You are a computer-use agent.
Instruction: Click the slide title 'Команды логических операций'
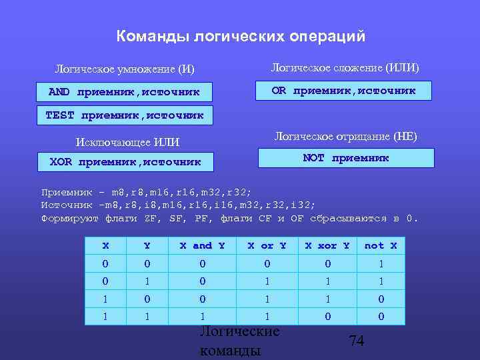click(x=241, y=36)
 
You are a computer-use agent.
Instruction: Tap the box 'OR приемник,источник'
click(x=344, y=91)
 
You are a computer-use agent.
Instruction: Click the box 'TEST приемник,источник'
click(x=124, y=115)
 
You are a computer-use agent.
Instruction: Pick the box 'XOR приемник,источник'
click(x=125, y=161)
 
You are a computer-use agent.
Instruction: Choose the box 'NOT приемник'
click(x=345, y=158)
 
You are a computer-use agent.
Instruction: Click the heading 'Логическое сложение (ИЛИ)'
click(x=345, y=67)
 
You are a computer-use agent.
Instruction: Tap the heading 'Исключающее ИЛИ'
click(x=128, y=141)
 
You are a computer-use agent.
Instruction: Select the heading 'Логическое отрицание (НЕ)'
click(x=345, y=137)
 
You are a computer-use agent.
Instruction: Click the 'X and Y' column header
click(x=202, y=245)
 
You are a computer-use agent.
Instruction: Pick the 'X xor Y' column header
click(x=327, y=245)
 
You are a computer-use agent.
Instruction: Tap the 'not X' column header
click(x=381, y=245)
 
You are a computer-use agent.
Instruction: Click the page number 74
click(x=357, y=341)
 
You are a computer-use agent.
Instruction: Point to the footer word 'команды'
click(x=230, y=350)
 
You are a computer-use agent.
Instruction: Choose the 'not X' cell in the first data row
click(x=381, y=263)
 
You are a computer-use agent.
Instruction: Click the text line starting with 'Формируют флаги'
click(x=229, y=218)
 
